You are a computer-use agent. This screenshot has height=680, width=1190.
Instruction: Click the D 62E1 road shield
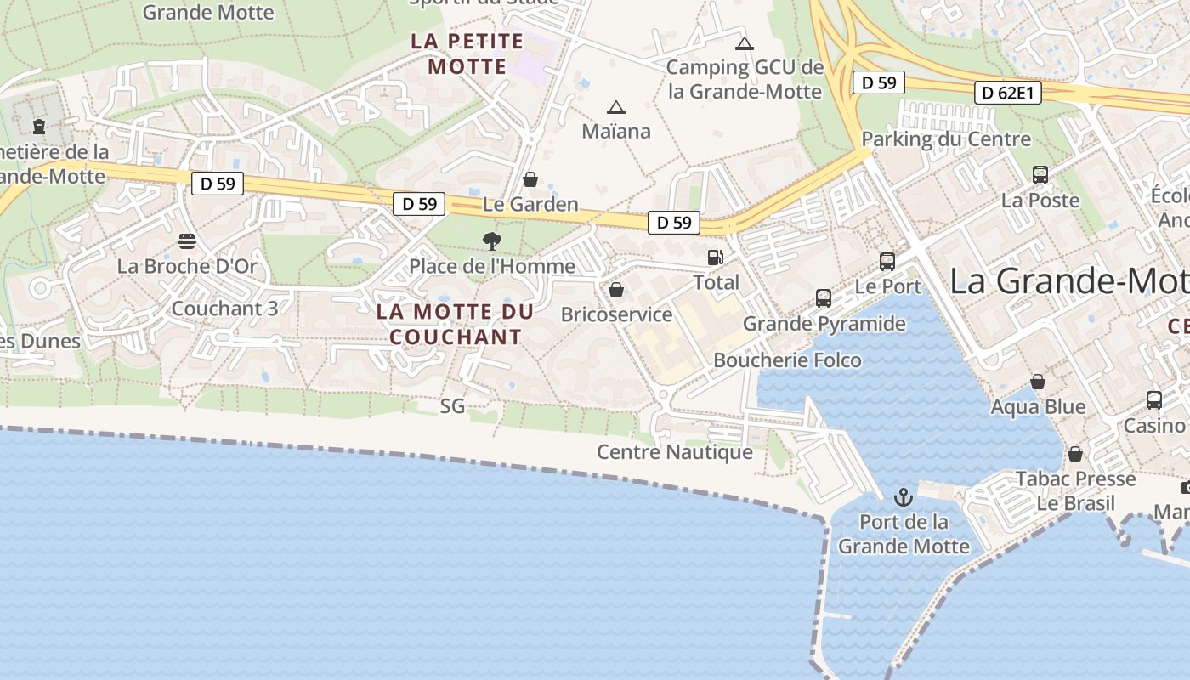(1008, 93)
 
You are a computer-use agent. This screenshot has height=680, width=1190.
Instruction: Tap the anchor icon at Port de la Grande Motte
(903, 497)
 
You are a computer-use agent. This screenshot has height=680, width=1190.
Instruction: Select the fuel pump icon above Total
(716, 258)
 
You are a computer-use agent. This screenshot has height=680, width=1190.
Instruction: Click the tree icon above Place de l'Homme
(491, 241)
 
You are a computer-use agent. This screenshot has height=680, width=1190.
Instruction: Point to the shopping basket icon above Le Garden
(530, 179)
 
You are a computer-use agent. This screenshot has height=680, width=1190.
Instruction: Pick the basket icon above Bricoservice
(616, 291)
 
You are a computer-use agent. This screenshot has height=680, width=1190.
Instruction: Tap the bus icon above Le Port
(887, 261)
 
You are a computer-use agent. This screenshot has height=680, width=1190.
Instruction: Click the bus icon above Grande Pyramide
(823, 298)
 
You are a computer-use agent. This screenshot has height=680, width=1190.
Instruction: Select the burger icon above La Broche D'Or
(187, 241)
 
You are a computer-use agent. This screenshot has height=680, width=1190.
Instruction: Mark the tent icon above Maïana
(615, 107)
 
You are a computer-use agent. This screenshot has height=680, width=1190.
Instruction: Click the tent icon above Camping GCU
(745, 43)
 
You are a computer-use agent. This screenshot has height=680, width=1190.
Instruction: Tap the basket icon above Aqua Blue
(1038, 382)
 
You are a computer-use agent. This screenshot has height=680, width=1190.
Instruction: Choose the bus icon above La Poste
(1040, 175)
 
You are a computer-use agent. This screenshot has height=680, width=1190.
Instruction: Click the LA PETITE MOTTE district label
(467, 54)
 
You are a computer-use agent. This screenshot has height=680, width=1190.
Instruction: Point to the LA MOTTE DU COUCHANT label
(456, 324)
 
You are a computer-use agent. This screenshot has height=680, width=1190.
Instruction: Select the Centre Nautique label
(675, 452)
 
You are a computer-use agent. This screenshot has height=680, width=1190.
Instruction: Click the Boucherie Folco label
(787, 360)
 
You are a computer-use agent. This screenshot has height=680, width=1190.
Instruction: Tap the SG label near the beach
(452, 406)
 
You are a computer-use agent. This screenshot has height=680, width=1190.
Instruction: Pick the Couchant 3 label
(224, 309)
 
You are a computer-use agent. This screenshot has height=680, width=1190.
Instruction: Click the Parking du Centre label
(946, 139)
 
